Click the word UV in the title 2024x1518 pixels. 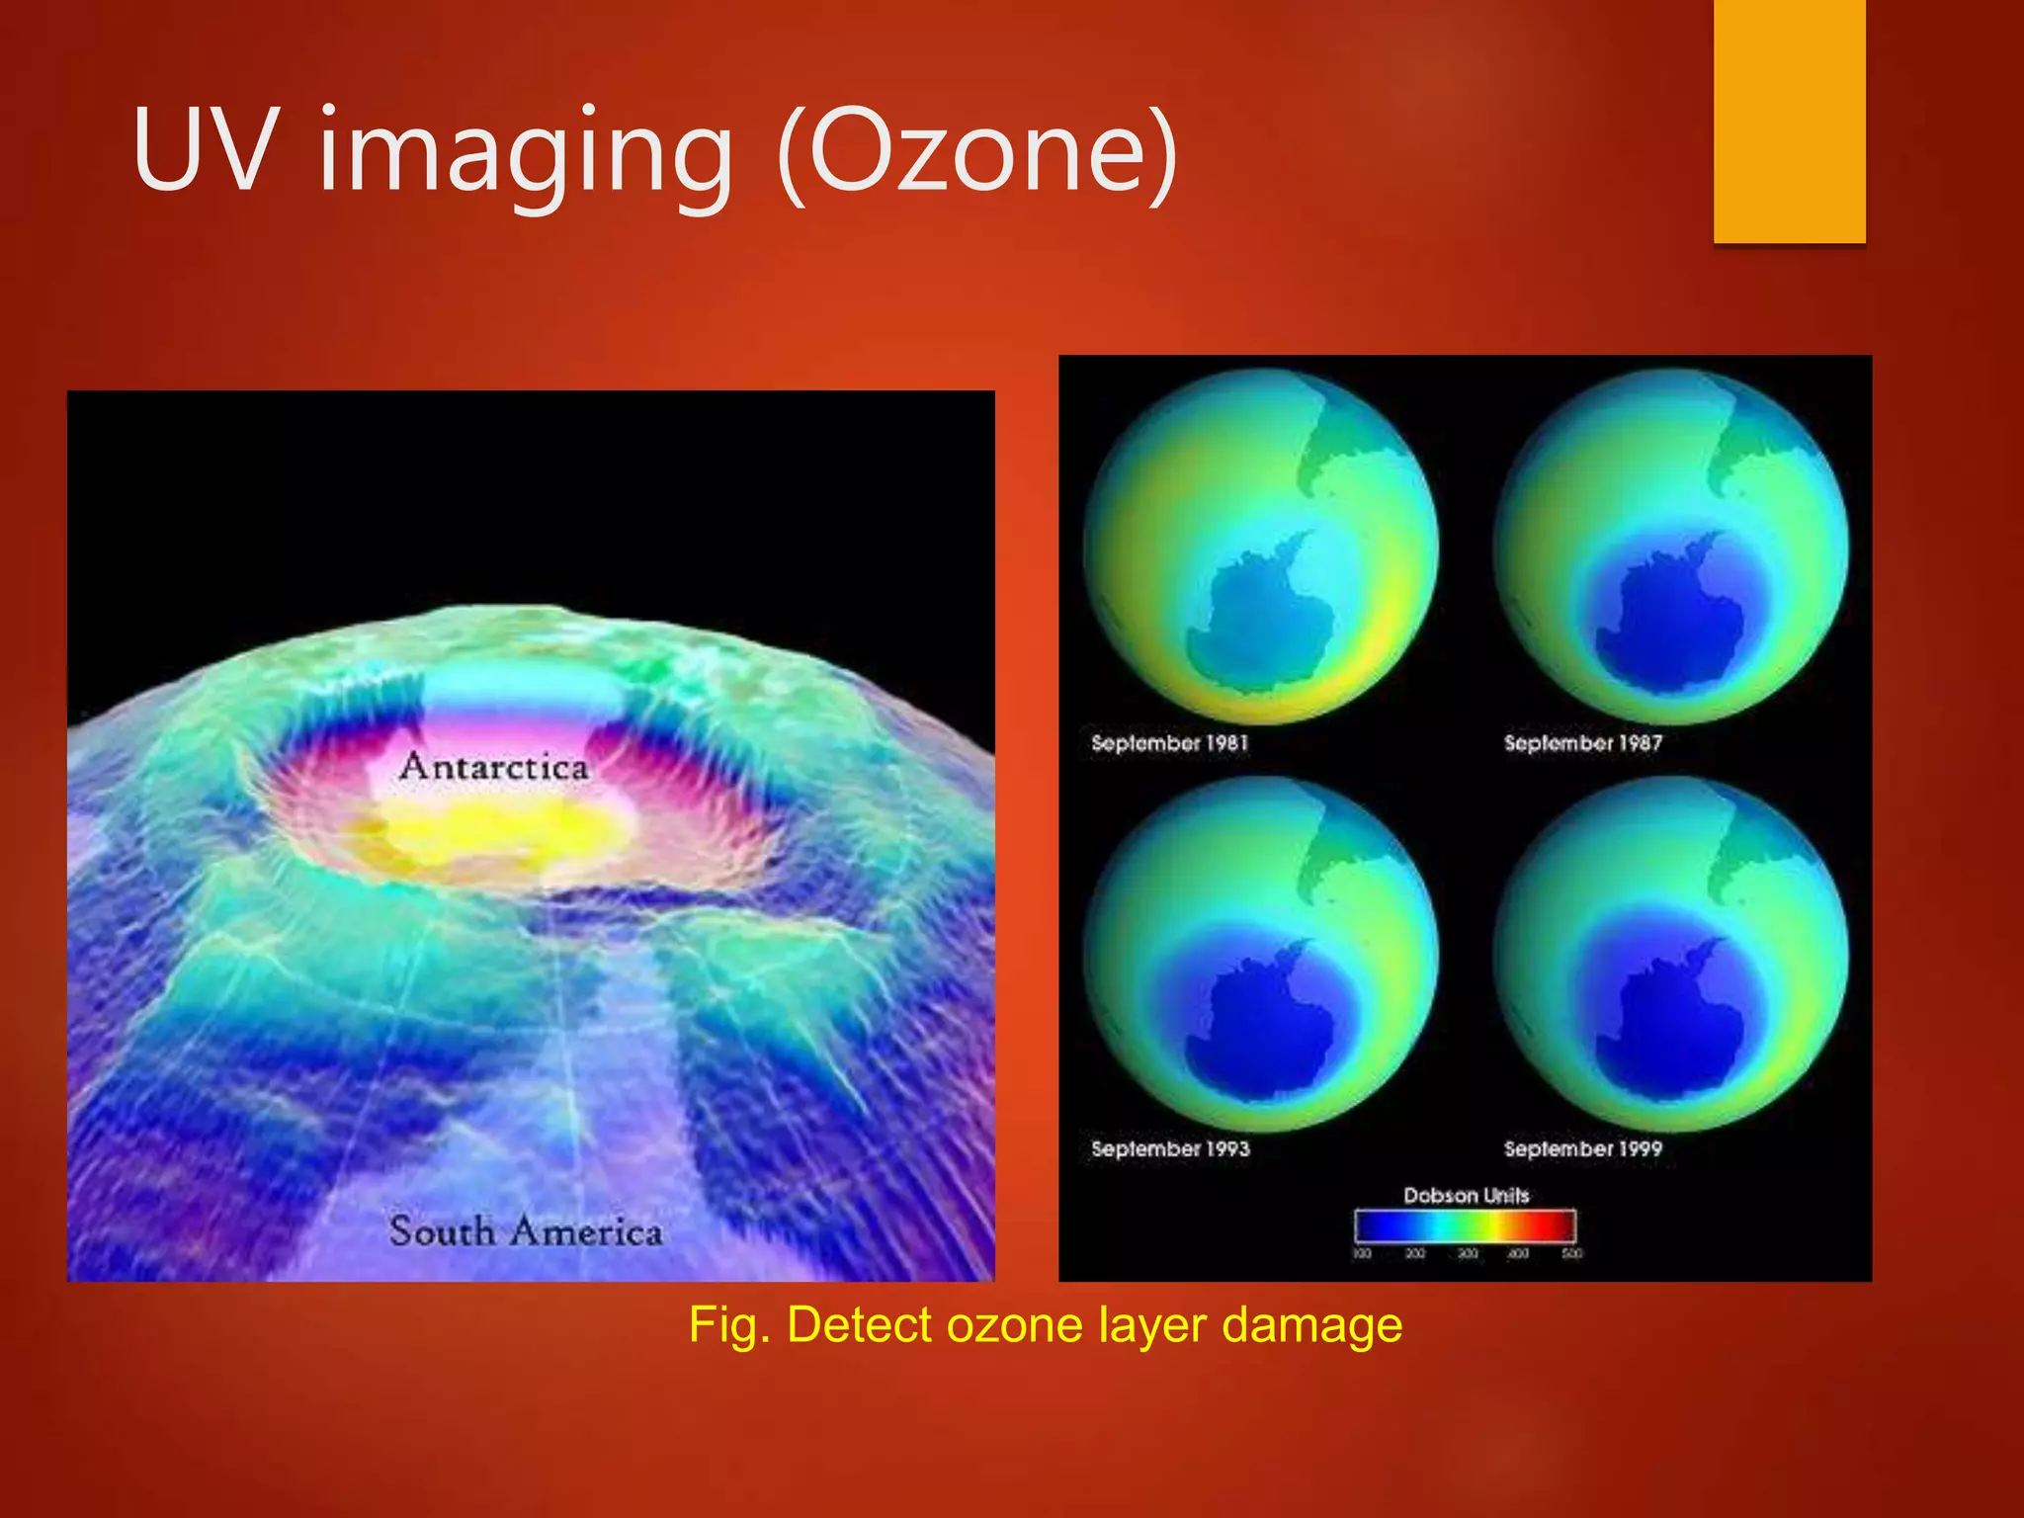point(203,150)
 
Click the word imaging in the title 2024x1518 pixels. point(525,154)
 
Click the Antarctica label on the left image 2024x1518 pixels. point(493,767)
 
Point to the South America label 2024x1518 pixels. point(525,1231)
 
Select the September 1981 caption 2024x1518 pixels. point(1169,743)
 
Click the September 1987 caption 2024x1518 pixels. point(1582,743)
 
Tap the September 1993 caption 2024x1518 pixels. point(1170,1149)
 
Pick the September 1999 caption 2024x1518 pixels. point(1582,1149)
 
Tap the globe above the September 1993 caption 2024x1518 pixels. point(1261,954)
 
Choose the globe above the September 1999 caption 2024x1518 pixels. point(1670,954)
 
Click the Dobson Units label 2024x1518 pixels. point(1466,1196)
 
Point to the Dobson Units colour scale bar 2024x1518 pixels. point(1465,1225)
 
